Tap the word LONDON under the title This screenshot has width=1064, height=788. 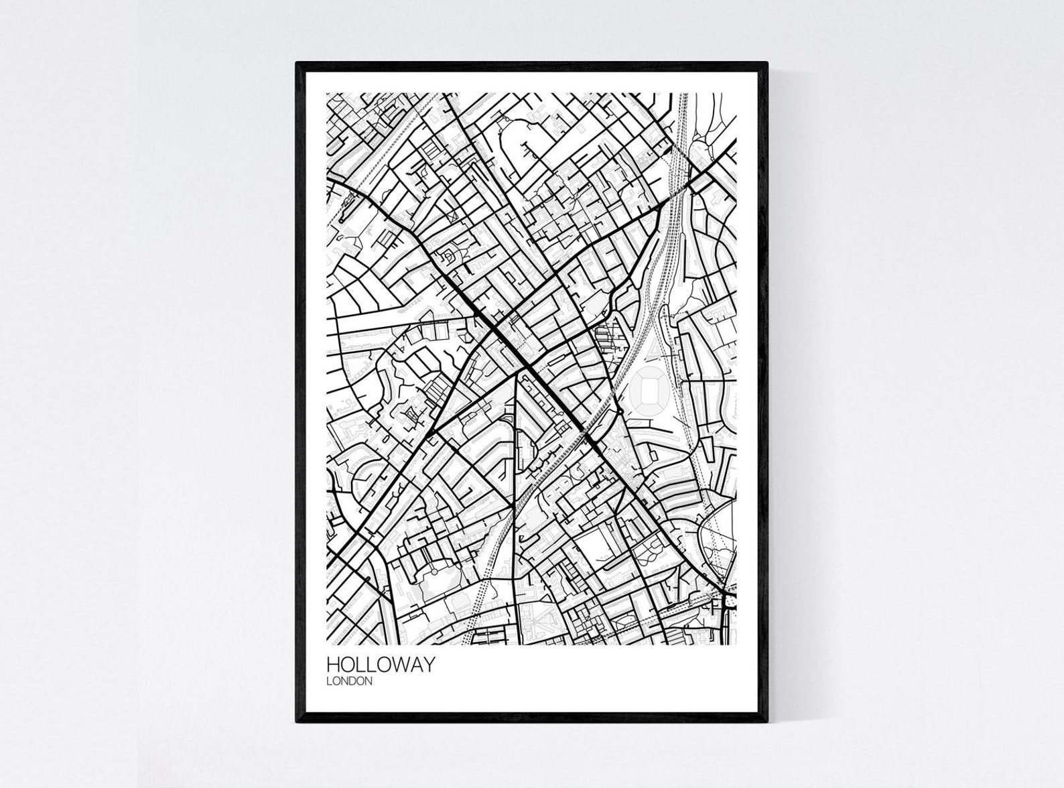click(349, 681)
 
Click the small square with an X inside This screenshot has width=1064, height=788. click(454, 216)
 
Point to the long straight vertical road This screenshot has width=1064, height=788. click(515, 482)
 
